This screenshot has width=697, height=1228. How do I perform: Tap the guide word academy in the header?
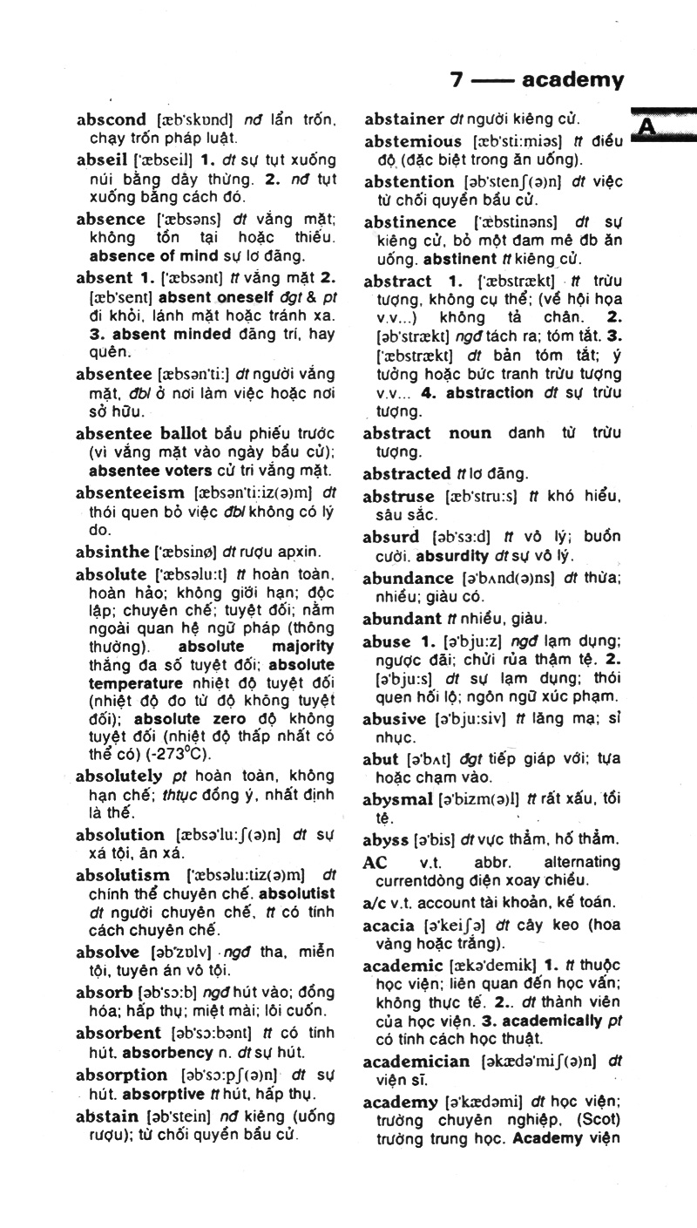click(x=572, y=81)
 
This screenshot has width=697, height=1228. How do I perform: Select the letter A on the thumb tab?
click(x=647, y=127)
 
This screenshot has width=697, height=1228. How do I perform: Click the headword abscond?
click(x=111, y=119)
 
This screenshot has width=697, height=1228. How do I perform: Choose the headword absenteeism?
click(x=130, y=492)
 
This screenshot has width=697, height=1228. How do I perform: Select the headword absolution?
click(x=120, y=834)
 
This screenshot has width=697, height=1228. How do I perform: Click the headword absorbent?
click(x=118, y=1032)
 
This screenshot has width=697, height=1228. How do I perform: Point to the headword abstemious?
click(x=413, y=141)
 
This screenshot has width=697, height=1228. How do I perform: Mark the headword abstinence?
click(x=409, y=221)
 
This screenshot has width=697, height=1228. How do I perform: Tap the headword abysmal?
click(x=398, y=799)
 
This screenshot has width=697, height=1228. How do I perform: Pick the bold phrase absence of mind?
click(x=145, y=256)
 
